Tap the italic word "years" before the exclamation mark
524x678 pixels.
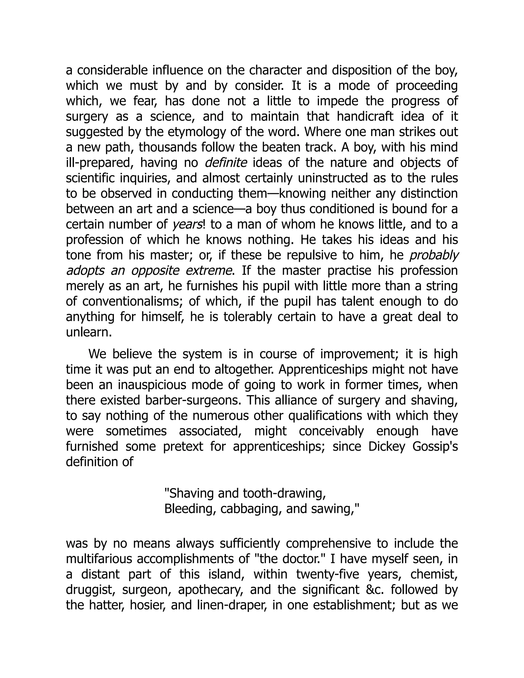187,224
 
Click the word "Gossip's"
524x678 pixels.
435,446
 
